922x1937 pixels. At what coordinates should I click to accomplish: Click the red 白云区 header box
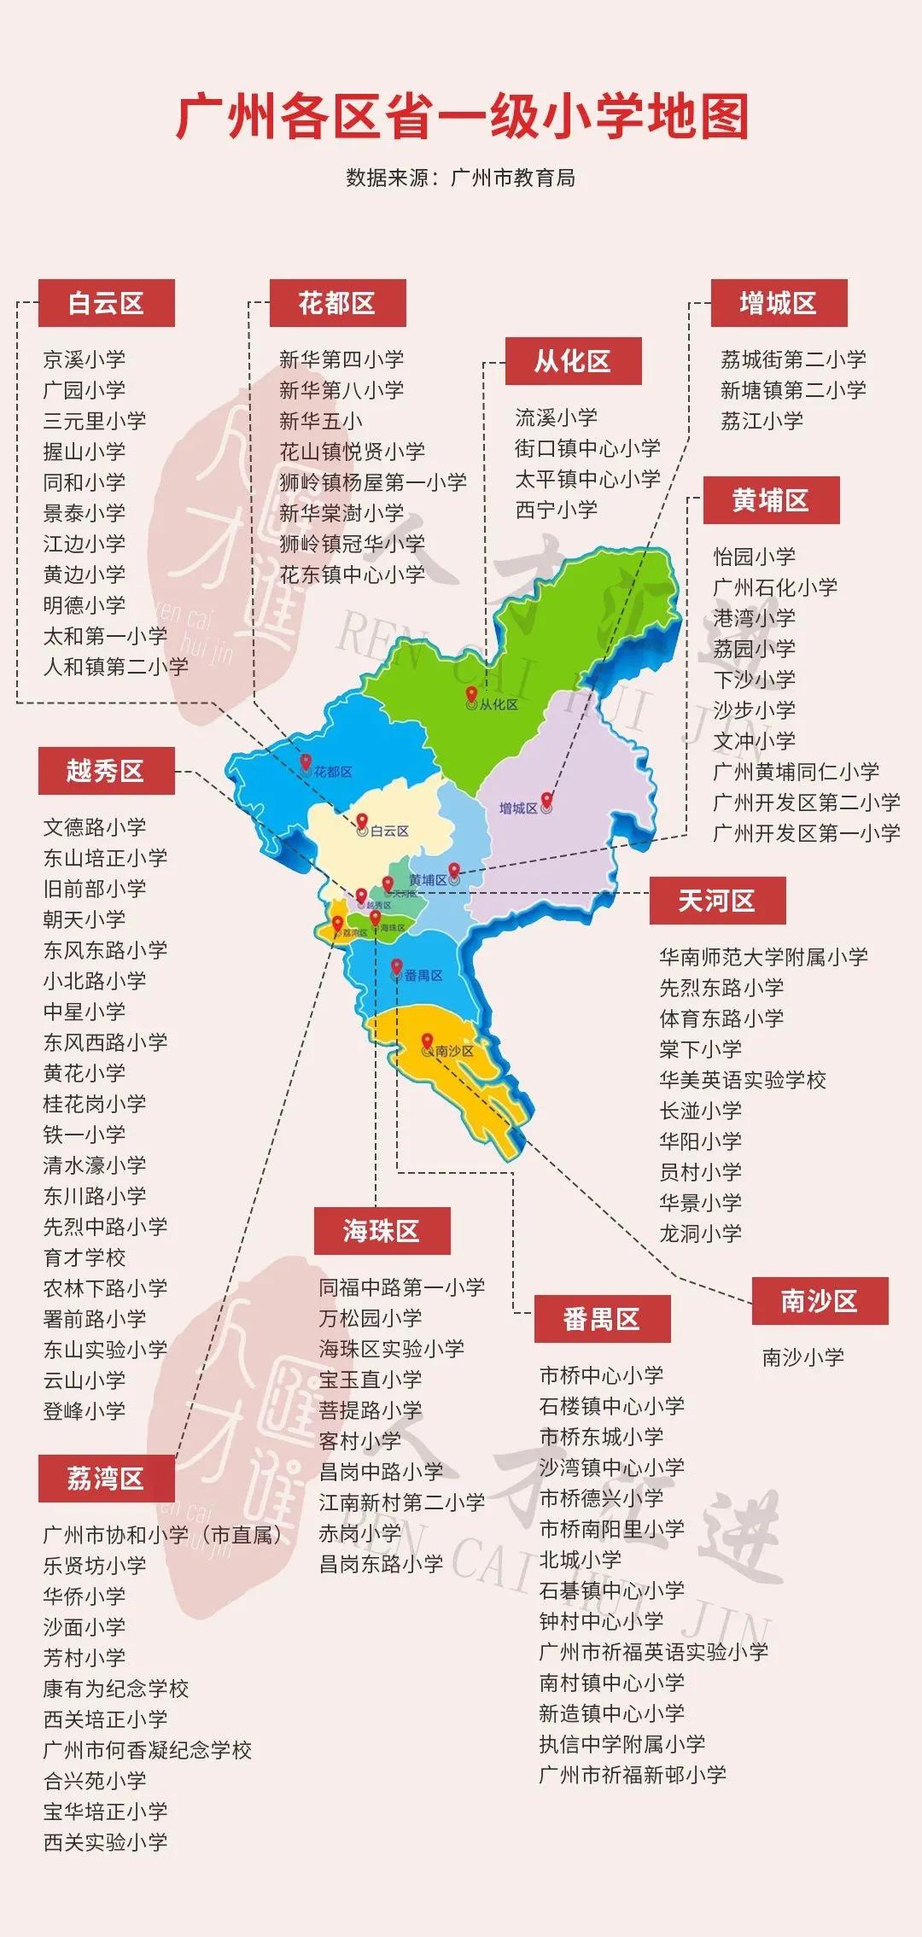106,303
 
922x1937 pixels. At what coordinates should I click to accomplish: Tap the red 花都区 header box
337,303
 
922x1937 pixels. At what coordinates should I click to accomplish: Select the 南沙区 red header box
820,1301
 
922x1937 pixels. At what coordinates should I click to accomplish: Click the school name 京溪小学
84,359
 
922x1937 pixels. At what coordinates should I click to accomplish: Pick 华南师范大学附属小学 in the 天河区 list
763,957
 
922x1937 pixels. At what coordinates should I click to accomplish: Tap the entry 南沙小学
802,1357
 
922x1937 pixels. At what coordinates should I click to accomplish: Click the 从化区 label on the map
499,704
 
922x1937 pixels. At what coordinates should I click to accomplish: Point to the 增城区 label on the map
518,808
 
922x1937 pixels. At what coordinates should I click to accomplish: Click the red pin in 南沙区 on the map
428,1041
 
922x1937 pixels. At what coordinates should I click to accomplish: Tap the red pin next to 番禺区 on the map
396,966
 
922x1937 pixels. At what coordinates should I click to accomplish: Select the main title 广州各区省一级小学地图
462,117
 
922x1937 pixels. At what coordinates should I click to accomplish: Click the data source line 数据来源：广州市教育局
461,178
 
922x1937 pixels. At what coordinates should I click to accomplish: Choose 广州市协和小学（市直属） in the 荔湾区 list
162,1535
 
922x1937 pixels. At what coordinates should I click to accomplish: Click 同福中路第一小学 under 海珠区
401,1287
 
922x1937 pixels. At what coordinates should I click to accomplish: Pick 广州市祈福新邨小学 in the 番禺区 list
632,1775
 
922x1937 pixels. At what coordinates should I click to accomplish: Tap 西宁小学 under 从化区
556,510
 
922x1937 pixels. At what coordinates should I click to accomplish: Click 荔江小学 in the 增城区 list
762,421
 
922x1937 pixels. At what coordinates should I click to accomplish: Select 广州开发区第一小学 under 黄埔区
806,833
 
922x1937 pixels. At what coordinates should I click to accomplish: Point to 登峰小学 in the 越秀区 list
84,1411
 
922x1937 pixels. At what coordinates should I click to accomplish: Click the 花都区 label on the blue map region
332,772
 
